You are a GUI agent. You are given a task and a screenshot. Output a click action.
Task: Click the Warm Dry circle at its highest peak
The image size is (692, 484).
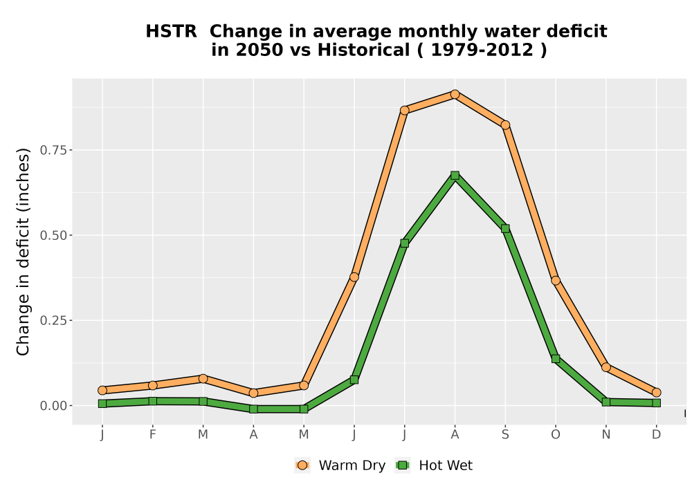coord(455,94)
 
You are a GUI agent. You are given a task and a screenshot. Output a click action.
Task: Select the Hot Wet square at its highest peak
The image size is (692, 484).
coord(455,176)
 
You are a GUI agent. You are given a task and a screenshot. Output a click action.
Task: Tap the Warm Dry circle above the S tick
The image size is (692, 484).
coord(505,125)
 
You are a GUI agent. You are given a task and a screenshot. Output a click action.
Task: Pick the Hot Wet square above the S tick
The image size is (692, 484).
coord(505,228)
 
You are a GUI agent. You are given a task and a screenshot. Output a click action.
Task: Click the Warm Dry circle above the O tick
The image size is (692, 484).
coord(556,280)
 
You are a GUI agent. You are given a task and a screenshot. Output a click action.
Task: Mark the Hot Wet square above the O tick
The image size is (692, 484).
coord(556,359)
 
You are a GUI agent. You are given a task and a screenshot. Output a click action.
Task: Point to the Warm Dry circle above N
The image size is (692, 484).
coord(606,367)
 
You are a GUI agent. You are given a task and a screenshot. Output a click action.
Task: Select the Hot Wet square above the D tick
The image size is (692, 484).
coord(656,403)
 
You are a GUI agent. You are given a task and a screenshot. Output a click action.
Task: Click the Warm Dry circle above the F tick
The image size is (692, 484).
coord(153,385)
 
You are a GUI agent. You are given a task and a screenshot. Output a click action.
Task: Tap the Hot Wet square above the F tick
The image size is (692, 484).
coord(153,401)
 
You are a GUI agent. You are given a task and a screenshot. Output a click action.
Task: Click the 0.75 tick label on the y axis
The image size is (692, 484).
coord(54,150)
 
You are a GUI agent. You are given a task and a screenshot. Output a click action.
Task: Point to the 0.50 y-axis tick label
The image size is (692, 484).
coord(54,235)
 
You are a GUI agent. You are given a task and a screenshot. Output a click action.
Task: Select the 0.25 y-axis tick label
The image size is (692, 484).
coord(54,320)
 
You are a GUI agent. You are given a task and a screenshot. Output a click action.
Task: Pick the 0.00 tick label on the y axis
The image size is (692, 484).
coord(54,406)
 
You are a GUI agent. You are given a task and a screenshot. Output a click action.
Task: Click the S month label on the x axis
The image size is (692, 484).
coord(505,435)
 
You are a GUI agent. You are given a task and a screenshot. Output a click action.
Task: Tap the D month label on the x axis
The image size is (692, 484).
coord(656,435)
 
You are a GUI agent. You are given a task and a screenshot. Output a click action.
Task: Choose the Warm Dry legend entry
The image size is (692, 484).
coord(340,465)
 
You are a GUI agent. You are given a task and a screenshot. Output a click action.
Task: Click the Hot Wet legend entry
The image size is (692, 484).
coord(434,465)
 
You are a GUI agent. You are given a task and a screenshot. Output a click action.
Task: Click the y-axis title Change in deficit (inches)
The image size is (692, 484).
coord(23,252)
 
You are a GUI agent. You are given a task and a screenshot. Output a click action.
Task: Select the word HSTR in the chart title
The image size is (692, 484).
coord(171,32)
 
